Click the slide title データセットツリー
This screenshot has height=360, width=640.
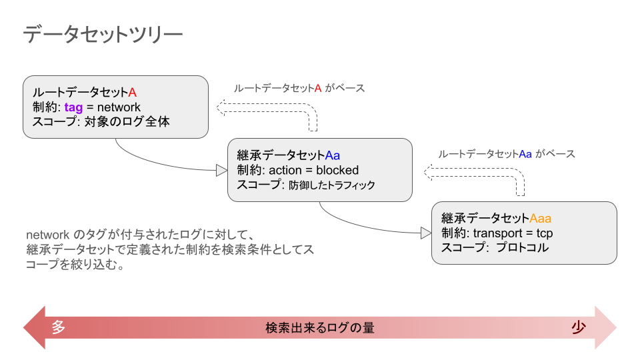pos(102,35)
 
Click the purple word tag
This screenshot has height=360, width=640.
pos(74,107)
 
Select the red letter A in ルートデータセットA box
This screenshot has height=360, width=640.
pos(132,92)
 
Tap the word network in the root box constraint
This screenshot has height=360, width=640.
pos(119,107)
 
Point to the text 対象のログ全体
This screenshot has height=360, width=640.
pos(127,122)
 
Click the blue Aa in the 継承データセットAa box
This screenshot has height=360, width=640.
pos(333,155)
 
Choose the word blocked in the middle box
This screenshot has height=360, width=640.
pos(337,170)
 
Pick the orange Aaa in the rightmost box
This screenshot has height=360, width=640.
pos(540,218)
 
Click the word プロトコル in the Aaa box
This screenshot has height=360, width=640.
pos(522,247)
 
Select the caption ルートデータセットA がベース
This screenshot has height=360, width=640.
pos(299,88)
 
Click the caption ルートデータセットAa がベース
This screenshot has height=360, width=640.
pos(506,153)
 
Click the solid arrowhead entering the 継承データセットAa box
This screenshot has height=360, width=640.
pos(221,171)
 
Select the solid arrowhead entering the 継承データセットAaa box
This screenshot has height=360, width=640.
pos(426,233)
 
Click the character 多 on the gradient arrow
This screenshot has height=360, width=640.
pos(59,327)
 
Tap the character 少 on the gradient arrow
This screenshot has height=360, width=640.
pos(579,327)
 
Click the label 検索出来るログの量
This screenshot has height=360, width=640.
pos(320,328)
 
